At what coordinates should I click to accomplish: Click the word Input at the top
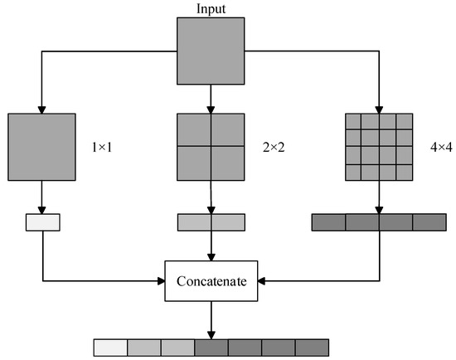coord(211,9)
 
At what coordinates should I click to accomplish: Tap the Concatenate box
coord(211,281)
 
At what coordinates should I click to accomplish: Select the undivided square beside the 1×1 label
coord(41,147)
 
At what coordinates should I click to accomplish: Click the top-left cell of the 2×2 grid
coord(194,129)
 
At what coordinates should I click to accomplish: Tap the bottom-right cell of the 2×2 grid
coord(228,163)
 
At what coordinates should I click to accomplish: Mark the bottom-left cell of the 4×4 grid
coord(353,172)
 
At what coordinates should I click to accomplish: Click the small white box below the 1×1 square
coord(43,222)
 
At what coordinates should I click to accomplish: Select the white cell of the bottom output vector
coord(109,347)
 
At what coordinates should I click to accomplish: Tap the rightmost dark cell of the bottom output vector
coord(312,347)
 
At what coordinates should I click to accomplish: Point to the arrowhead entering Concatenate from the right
coord(263,281)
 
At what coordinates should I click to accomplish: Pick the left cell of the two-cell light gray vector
coord(194,222)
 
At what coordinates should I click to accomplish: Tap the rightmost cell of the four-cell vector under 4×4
coord(429,222)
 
